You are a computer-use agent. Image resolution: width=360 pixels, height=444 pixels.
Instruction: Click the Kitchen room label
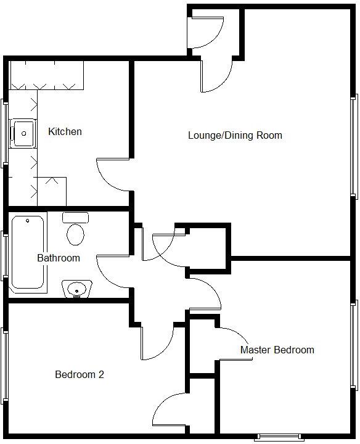65,132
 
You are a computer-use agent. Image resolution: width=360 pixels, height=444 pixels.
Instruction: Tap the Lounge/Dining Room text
235,135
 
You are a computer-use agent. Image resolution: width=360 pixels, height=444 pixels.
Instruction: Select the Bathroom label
59,258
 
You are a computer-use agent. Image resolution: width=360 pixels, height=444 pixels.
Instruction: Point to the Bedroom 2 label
79,374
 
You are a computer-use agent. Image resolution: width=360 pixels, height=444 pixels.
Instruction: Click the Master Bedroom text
277,350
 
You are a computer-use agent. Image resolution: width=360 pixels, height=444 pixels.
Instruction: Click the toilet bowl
76,235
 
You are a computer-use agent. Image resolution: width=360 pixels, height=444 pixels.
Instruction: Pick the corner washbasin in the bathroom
76,288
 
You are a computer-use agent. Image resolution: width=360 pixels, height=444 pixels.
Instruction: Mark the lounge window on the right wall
354,147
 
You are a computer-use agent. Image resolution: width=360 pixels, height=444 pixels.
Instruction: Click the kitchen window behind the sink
6,132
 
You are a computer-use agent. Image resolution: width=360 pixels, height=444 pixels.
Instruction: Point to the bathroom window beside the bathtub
6,253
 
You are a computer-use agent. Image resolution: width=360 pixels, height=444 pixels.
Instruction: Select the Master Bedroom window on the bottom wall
279,437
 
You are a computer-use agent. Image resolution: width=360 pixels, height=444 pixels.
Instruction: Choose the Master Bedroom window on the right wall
354,345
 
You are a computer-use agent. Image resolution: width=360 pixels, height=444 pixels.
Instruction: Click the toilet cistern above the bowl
75,218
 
